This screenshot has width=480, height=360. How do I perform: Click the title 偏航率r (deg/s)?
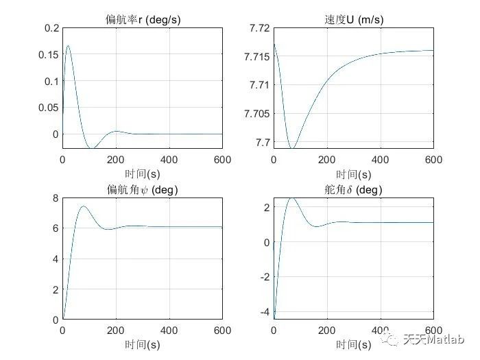click(143, 20)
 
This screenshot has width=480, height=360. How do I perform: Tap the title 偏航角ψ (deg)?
click(143, 190)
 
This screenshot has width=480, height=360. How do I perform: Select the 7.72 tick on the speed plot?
click(260, 28)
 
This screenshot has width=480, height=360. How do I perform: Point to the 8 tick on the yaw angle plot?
click(55, 199)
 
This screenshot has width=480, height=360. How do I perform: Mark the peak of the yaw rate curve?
click(68, 46)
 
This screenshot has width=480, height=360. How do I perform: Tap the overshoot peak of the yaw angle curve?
click(83, 206)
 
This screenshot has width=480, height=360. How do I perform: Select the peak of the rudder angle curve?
click(291, 198)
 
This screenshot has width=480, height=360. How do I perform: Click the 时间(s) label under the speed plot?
click(353, 174)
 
